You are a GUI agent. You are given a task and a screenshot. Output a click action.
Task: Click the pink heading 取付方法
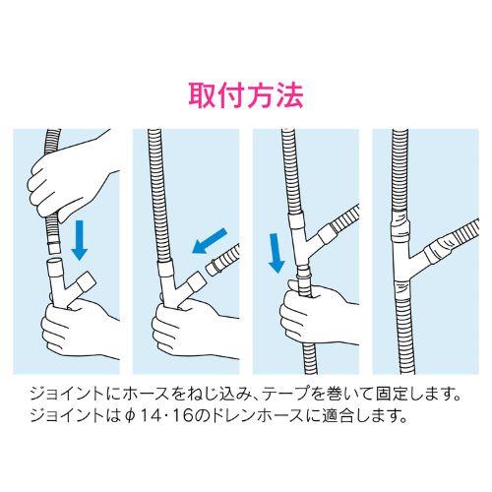[x=246, y=95]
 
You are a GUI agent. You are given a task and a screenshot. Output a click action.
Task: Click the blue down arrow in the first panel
[x=79, y=240]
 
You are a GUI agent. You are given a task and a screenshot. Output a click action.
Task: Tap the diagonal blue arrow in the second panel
[x=210, y=241]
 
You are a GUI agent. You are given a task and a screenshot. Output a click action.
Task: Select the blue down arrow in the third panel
[x=276, y=253]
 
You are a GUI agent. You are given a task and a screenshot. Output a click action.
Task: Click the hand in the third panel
[x=315, y=315]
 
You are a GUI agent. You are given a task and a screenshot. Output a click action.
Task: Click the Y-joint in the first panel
[x=66, y=282]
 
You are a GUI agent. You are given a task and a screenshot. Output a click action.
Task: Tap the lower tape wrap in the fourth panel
[x=402, y=288]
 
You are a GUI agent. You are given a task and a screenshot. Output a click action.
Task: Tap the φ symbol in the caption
[x=130, y=416]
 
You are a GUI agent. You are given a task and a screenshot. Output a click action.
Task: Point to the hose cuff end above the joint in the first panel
[x=53, y=248]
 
